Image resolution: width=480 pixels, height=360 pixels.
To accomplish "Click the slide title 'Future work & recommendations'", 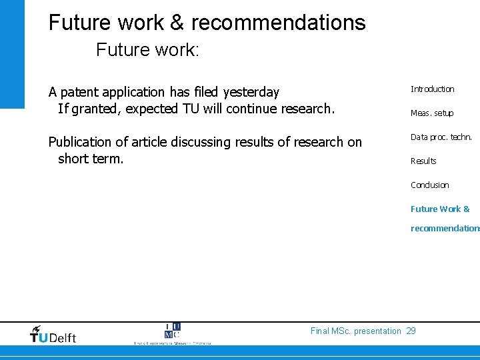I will pyautogui.click(x=207, y=23).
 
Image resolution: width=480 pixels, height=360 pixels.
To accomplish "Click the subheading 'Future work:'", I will pyautogui.click(x=147, y=50).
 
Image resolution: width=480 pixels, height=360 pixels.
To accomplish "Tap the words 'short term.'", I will pyautogui.click(x=91, y=159).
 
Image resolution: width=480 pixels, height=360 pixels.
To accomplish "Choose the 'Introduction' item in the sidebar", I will pyautogui.click(x=432, y=89).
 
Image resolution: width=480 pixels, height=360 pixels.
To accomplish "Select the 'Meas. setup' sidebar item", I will pyautogui.click(x=431, y=113).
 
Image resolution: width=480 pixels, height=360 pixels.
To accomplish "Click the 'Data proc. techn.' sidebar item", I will pyautogui.click(x=441, y=137).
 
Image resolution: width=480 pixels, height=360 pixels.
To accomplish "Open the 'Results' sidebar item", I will pyautogui.click(x=423, y=161).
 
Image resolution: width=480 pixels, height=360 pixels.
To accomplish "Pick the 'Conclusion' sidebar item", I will pyautogui.click(x=429, y=185).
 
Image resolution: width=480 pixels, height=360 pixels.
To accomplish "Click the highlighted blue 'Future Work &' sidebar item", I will pyautogui.click(x=440, y=209).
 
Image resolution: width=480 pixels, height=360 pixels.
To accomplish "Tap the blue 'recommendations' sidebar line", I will pyautogui.click(x=445, y=229).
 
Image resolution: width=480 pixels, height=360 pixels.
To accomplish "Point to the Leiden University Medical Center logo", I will pyautogui.click(x=172, y=334).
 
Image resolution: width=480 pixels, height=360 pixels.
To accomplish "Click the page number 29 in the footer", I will pyautogui.click(x=411, y=331).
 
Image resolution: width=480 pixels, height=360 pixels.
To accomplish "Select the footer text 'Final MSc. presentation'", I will pyautogui.click(x=356, y=331).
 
